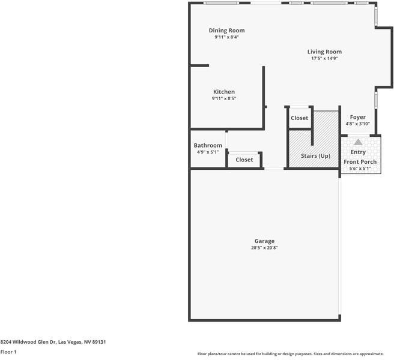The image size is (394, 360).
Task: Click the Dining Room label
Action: click(226, 31)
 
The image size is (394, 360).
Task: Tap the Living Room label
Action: click(324, 52)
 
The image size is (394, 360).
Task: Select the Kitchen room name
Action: click(223, 92)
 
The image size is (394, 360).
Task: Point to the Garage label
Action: click(264, 241)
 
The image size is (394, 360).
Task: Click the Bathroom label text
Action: click(208, 146)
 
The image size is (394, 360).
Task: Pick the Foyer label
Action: click(358, 118)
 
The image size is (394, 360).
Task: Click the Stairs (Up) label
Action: click(316, 156)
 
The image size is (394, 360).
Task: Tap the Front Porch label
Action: click(360, 162)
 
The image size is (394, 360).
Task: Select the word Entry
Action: click(358, 152)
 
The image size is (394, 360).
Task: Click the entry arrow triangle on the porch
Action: click(358, 142)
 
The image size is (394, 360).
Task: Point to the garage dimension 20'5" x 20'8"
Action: click(264, 248)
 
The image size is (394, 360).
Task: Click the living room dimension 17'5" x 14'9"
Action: click(324, 59)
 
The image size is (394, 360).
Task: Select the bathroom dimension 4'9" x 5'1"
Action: click(208, 152)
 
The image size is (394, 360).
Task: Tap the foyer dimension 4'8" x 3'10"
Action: click(358, 124)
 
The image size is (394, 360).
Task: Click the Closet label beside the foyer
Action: click(300, 118)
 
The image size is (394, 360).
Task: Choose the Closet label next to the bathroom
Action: click(244, 160)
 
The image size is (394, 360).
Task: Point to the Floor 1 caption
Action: click(8, 352)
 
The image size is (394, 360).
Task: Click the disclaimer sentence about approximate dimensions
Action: click(291, 353)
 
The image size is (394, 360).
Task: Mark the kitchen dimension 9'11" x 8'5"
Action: click(223, 98)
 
